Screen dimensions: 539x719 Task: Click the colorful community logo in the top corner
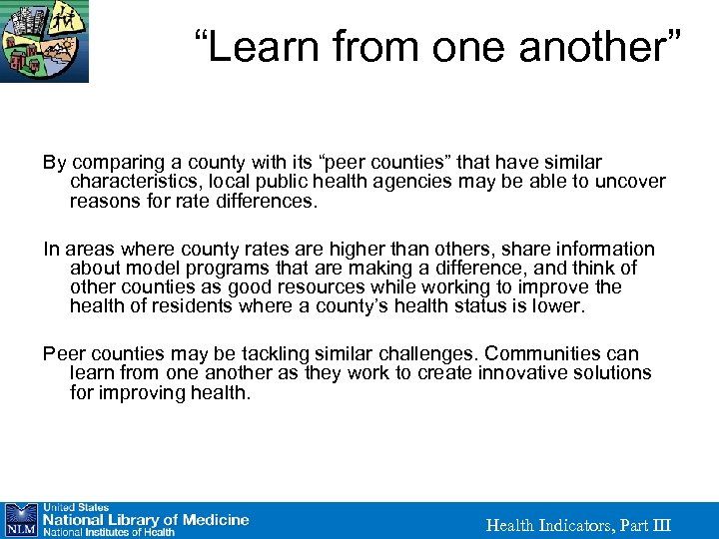tap(44, 41)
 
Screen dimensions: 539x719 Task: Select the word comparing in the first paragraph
tap(114, 162)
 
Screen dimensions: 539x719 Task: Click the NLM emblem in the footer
tap(20, 519)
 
